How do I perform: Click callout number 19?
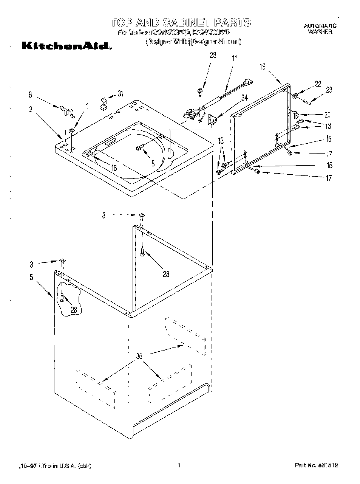point(263,67)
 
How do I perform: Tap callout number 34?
point(244,98)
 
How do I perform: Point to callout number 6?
point(30,95)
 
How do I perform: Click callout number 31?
point(120,94)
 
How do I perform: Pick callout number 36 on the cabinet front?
point(139,356)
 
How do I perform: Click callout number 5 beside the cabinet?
point(32,277)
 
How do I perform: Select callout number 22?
point(318,84)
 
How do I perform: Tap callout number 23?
point(329,90)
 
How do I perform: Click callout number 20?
point(327,115)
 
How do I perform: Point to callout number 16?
point(329,139)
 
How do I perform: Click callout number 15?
point(329,165)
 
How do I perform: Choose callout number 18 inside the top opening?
point(114,168)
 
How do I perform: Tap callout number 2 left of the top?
point(31,110)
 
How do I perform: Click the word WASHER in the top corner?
point(320,32)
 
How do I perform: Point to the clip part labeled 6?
point(65,110)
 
